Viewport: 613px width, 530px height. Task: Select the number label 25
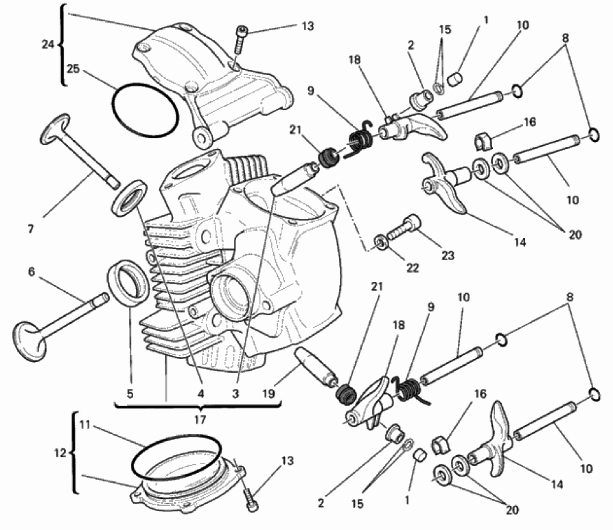coord(73,69)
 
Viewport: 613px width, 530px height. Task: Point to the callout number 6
coord(32,273)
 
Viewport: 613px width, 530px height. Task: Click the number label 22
coord(412,268)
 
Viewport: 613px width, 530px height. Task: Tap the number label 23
coord(448,255)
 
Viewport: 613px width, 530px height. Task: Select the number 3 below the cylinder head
coord(235,393)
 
